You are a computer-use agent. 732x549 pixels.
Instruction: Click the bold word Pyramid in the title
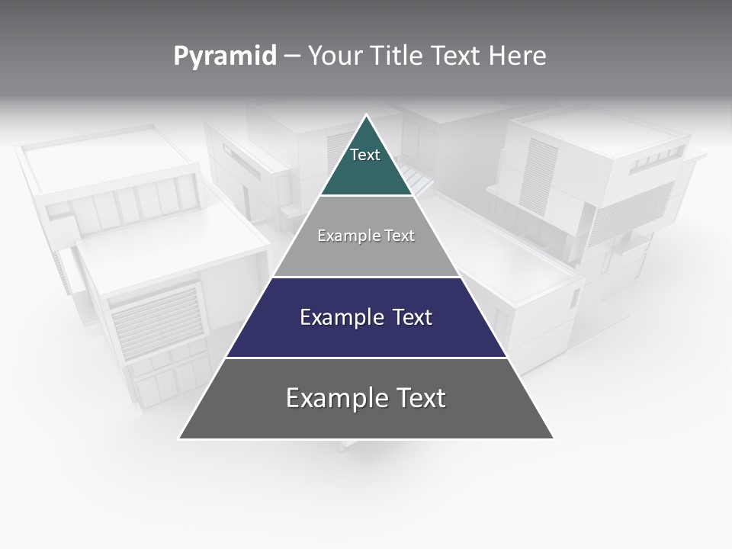[225, 56]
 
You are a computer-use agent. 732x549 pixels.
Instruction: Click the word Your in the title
[335, 56]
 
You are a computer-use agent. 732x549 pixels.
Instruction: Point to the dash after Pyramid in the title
[291, 56]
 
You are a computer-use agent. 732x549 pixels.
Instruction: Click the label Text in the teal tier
[365, 155]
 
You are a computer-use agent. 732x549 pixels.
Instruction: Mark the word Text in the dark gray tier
[419, 398]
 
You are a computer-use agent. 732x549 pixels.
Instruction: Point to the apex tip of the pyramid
[366, 116]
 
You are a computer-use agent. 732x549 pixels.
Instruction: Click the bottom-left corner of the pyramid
[180, 438]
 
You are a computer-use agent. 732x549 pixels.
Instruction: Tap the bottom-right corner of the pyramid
[552, 438]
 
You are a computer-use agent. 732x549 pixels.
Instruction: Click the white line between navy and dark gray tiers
[366, 358]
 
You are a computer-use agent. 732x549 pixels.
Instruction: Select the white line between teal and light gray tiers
[366, 196]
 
